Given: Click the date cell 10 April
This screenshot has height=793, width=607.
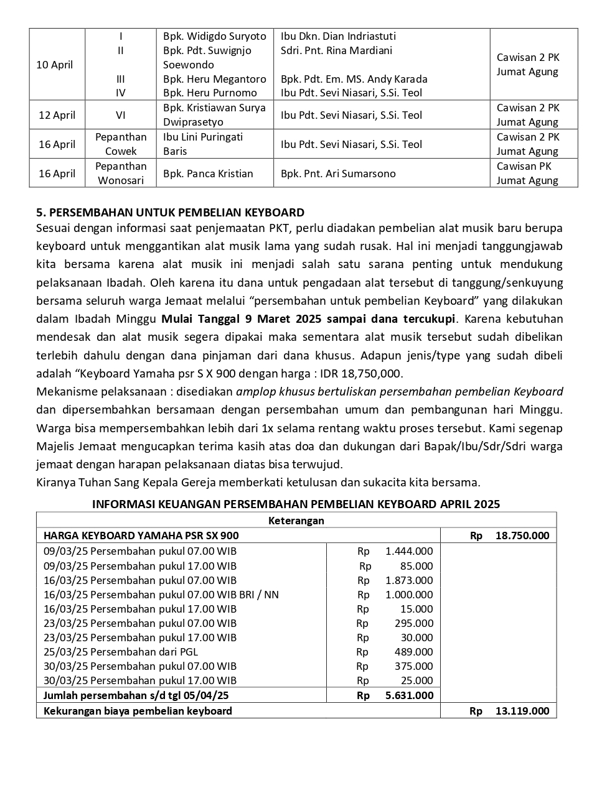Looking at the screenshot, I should [x=55, y=65].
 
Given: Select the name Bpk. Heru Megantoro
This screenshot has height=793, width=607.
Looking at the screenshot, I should [x=214, y=79].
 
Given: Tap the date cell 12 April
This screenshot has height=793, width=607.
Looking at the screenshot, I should [x=57, y=115].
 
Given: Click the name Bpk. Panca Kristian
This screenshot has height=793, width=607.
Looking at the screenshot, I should [x=208, y=174].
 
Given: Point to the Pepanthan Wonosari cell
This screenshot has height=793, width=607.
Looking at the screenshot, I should [x=121, y=174].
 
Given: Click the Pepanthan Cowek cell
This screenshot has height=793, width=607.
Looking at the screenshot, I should [x=121, y=144].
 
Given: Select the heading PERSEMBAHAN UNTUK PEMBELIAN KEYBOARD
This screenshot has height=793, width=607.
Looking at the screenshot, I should [x=170, y=213].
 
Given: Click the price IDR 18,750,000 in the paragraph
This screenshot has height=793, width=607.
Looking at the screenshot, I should [x=362, y=374].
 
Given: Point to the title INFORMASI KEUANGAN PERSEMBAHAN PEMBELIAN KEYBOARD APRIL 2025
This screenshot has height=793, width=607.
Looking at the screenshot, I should [x=296, y=504].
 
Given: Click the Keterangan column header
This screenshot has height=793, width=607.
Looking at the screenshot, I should [x=296, y=521].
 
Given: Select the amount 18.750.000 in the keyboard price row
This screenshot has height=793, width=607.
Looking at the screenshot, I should [x=522, y=536].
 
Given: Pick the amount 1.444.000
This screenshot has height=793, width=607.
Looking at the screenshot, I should [x=409, y=551].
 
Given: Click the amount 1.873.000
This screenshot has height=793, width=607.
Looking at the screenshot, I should [x=409, y=580].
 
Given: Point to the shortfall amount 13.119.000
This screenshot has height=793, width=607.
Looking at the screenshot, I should [x=522, y=711].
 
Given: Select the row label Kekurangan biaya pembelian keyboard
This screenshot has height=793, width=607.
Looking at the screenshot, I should [x=138, y=711].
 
